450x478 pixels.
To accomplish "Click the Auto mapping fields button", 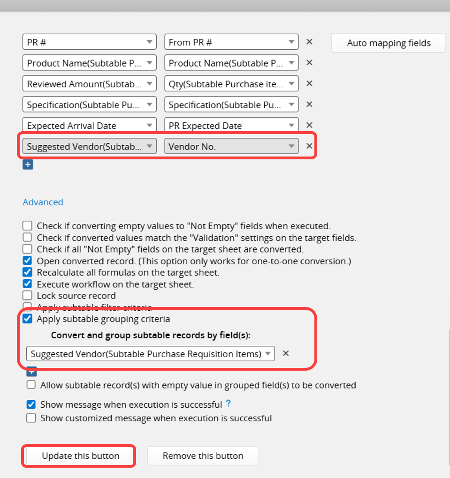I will tap(389, 43).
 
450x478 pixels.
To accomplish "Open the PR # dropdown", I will tap(89, 42).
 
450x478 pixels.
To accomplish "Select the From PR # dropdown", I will tap(231, 42).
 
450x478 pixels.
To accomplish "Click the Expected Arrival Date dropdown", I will tap(89, 126).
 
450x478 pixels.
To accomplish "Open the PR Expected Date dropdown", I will tap(231, 126).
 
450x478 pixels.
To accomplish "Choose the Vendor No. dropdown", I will tap(231, 146).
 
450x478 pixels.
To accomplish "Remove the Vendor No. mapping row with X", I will tap(309, 146).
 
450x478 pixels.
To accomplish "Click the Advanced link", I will tap(43, 202).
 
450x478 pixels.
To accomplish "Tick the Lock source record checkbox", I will tap(28, 296).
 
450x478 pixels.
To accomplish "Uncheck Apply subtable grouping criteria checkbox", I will tap(28, 319).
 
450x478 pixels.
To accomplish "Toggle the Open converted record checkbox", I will tap(28, 261).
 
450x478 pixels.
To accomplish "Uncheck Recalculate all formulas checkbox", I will tap(28, 272).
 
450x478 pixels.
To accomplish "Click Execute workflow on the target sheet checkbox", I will tap(28, 284).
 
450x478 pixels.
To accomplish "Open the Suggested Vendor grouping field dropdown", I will tap(151, 354).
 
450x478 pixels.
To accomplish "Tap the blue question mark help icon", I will tap(229, 403).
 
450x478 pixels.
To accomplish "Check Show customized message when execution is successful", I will tap(31, 418).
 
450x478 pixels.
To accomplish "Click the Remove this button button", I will tap(203, 456).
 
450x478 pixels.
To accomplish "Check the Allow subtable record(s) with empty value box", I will tap(31, 385).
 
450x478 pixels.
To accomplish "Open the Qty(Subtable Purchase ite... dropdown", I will tap(231, 84).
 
